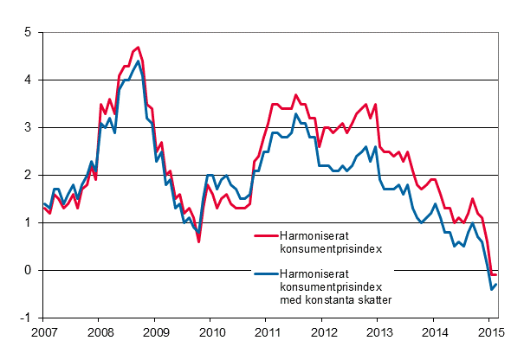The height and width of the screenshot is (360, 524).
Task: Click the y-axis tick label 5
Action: tap(28, 33)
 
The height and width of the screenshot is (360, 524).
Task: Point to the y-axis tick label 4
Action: tap(28, 80)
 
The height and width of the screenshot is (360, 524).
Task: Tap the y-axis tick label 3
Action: tap(28, 128)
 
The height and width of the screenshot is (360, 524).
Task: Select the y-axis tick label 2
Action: tap(28, 176)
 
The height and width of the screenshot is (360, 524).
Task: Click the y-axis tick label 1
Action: tap(28, 223)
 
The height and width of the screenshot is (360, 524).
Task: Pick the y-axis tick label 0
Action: tap(28, 271)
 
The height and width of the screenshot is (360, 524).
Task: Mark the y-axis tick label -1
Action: tap(26, 318)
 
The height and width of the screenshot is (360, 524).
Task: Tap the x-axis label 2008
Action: tap(100, 332)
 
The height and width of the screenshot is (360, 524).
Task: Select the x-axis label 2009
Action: tap(155, 332)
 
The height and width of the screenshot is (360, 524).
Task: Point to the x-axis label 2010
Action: tap(211, 332)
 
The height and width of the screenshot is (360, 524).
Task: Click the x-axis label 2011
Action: tap(267, 332)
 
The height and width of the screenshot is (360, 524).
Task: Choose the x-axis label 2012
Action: tap(323, 332)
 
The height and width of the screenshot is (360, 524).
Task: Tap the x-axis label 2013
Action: tap(378, 332)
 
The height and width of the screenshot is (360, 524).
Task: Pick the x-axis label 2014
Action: tap(435, 332)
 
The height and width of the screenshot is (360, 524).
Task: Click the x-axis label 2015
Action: tap(490, 332)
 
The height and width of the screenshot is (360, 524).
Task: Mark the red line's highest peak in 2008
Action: tap(138, 47)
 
